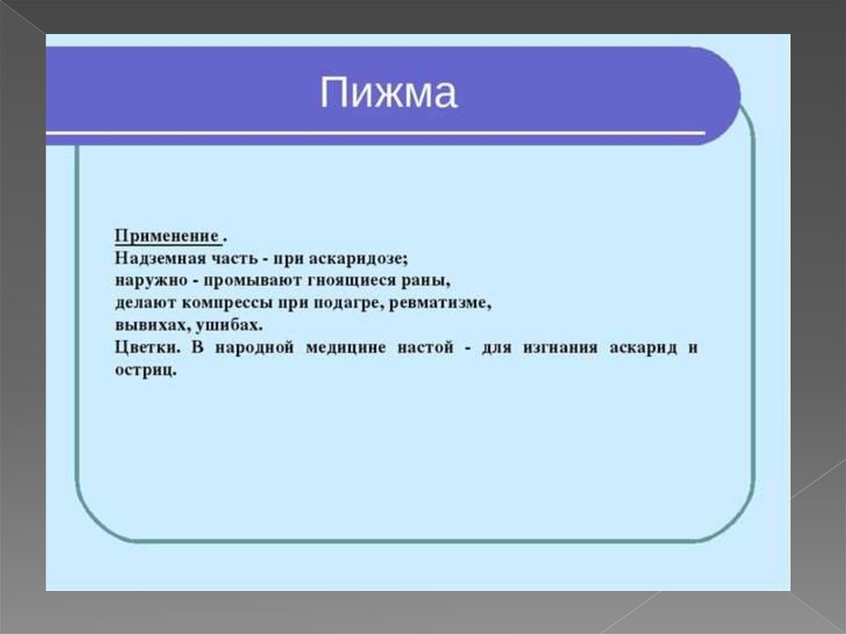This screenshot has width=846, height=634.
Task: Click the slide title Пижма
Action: tap(388, 93)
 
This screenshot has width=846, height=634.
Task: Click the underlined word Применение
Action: tap(167, 236)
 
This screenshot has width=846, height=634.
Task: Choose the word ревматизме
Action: tap(440, 303)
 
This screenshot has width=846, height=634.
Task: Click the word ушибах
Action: tap(230, 325)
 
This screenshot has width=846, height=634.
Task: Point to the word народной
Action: tap(254, 347)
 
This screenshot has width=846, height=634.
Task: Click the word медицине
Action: tap(345, 347)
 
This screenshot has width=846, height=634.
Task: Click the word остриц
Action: tap(145, 370)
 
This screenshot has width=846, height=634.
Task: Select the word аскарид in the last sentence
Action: tap(643, 347)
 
